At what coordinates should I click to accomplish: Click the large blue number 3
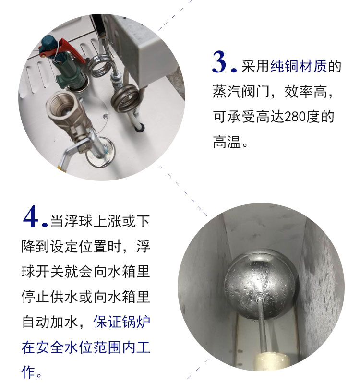221,62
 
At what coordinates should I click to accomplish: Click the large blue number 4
31,216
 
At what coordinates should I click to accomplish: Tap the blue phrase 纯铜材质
299,66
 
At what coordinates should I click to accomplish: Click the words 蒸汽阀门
241,92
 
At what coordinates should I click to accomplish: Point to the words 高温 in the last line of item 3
227,142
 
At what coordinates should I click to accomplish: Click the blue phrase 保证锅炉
121,322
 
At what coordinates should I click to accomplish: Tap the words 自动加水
50,322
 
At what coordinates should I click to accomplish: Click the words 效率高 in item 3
306,92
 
